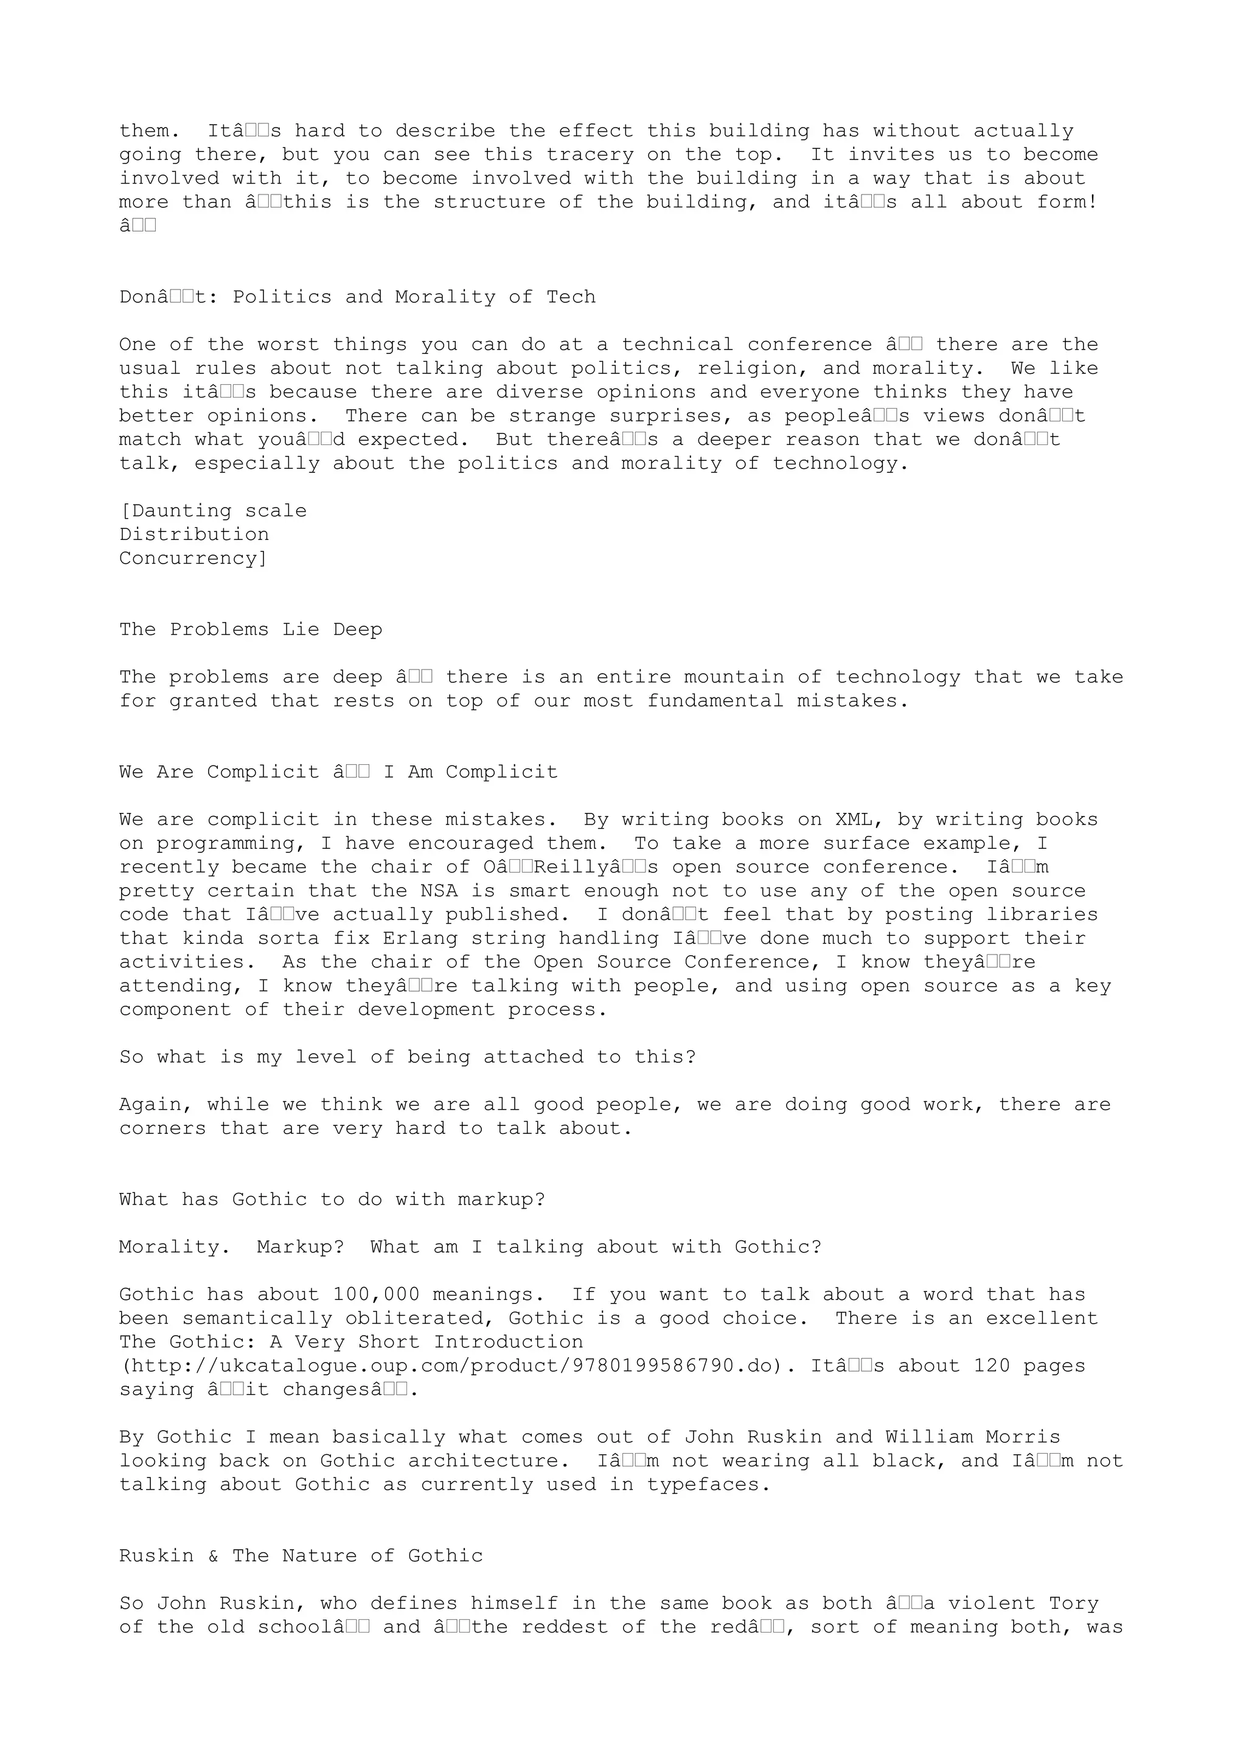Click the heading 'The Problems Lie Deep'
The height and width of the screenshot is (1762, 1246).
pos(250,630)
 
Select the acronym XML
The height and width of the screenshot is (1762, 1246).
pos(854,820)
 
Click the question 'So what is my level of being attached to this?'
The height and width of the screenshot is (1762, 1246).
pos(407,1057)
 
